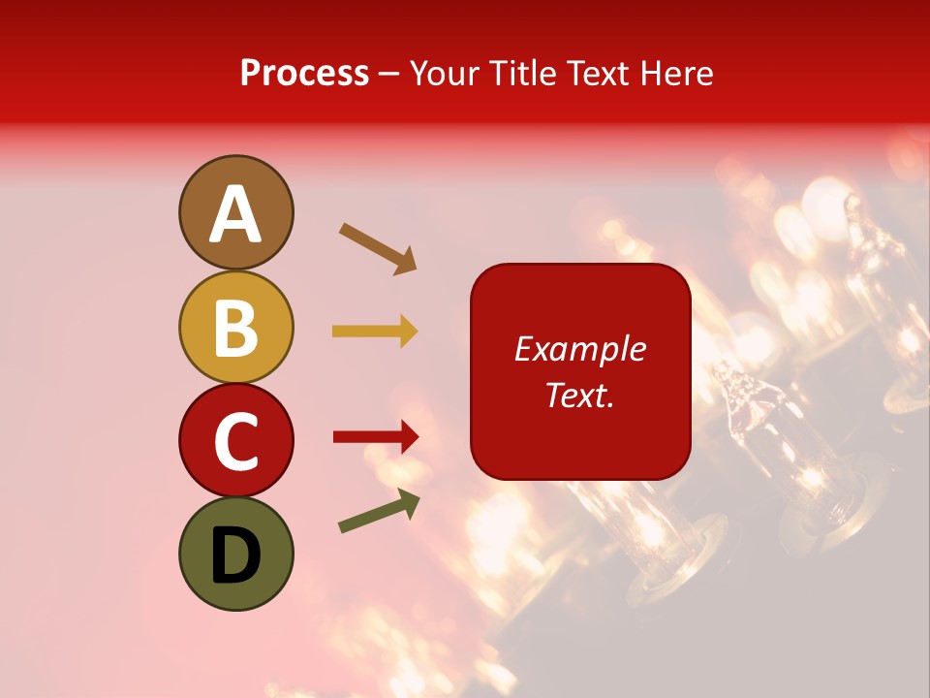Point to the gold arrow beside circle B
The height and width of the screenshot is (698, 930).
pyautogui.click(x=375, y=332)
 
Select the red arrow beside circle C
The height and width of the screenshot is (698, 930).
pyautogui.click(x=375, y=437)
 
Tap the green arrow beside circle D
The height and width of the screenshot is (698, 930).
pyautogui.click(x=379, y=511)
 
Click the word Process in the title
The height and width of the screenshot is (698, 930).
pyautogui.click(x=304, y=74)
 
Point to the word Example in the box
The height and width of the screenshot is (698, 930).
pyautogui.click(x=579, y=350)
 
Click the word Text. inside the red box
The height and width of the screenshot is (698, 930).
pyautogui.click(x=579, y=395)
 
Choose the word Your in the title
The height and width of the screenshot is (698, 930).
pyautogui.click(x=442, y=74)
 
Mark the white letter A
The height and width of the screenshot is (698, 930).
pyautogui.click(x=235, y=214)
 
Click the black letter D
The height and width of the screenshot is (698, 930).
pyautogui.click(x=235, y=555)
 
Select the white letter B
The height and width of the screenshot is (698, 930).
pyautogui.click(x=235, y=328)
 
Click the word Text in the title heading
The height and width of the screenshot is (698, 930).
pyautogui.click(x=599, y=74)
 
